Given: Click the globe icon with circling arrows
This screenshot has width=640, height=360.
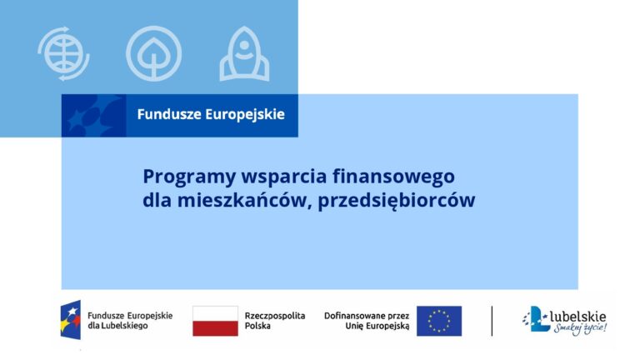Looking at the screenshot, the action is coord(63,53).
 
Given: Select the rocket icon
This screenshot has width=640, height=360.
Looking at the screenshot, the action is coord(244,53).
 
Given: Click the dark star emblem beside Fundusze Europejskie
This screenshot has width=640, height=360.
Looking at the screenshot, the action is coord(93,116).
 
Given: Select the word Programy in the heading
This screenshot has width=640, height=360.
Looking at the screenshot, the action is coord(189,177).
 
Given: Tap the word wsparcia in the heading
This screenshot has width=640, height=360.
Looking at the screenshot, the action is coord(284,177).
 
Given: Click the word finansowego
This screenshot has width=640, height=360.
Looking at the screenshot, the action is coord(393,177).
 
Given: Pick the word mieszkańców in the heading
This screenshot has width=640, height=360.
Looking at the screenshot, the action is coord(242,200).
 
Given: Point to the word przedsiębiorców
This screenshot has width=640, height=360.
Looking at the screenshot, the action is coord(397,201).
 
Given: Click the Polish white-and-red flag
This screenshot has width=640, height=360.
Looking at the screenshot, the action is coord(215,321).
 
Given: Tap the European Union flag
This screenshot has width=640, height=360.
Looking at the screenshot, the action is coord(439,321).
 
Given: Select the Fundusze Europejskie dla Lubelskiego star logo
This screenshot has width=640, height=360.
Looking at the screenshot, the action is coord(70,320).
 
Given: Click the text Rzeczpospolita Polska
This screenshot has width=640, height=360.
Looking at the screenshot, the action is coord(275,321).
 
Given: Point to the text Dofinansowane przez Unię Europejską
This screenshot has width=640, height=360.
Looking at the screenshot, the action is coord(367,321).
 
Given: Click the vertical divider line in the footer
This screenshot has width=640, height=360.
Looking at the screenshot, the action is coord(492,321).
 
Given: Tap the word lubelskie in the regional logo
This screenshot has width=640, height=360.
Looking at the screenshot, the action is coord(578,317).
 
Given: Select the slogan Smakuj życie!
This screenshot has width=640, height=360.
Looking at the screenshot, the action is coord(580,327).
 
